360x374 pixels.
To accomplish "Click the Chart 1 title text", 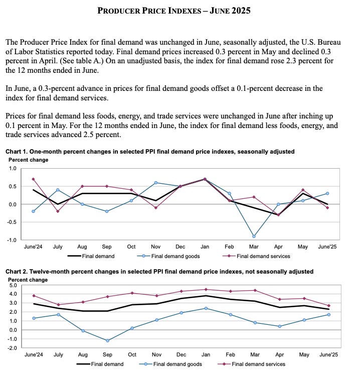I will click(x=150, y=152).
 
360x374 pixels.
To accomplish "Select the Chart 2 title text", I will click(x=159, y=272).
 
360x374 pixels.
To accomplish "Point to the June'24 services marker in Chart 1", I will click(x=33, y=179).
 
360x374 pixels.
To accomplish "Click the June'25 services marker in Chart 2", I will click(x=328, y=306).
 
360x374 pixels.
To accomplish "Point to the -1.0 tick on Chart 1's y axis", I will click(x=12, y=240).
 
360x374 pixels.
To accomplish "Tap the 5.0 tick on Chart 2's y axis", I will click(x=13, y=285).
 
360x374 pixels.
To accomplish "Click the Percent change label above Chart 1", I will click(x=29, y=160).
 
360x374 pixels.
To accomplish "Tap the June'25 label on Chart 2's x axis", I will click(x=328, y=355).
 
